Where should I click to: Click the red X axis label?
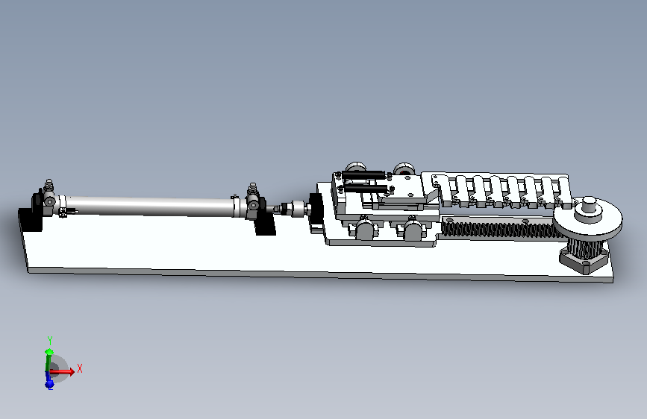pyautogui.click(x=80, y=369)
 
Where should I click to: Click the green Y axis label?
pyautogui.click(x=50, y=341)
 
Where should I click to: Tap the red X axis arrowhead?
pyautogui.click(x=72, y=371)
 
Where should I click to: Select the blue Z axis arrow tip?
pyautogui.click(x=49, y=385)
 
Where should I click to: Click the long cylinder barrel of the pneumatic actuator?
pyautogui.click(x=149, y=206)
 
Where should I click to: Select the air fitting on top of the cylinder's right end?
pyautogui.click(x=252, y=190)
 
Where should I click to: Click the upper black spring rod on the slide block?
pyautogui.click(x=363, y=175)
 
